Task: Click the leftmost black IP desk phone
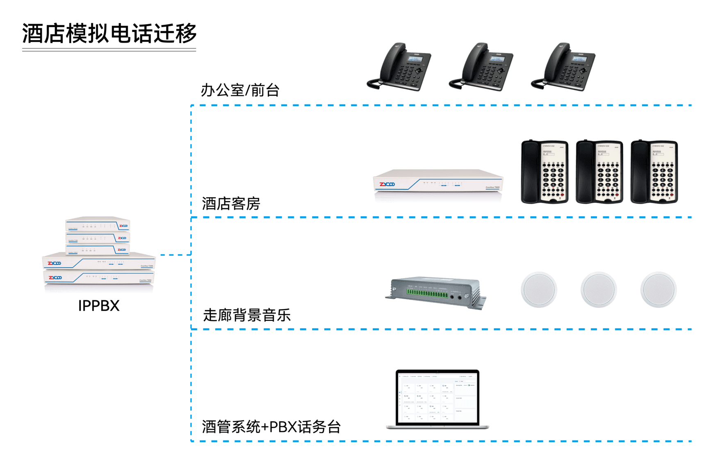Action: (400, 68)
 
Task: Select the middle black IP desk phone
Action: (482, 68)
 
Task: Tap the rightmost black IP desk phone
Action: (564, 68)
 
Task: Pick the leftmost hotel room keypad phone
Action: (545, 172)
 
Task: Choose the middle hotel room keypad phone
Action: (599, 172)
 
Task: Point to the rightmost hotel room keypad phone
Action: (654, 172)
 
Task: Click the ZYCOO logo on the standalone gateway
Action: (387, 184)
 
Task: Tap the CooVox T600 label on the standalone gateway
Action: (492, 187)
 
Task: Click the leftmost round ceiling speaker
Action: (539, 289)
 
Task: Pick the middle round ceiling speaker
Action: (599, 289)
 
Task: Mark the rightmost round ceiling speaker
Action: (658, 289)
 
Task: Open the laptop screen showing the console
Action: (437, 398)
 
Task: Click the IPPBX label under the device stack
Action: (100, 305)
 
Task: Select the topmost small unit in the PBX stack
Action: (98, 225)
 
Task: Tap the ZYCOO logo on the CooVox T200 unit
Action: (55, 263)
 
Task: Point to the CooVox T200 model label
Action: (146, 266)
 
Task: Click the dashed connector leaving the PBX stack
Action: (175, 255)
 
